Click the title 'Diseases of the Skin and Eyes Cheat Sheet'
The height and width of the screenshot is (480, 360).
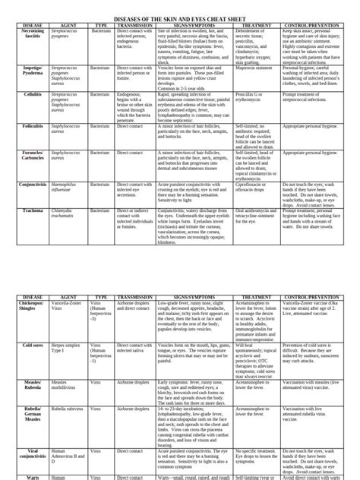[180, 16]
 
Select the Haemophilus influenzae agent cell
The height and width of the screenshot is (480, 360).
[64, 186]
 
